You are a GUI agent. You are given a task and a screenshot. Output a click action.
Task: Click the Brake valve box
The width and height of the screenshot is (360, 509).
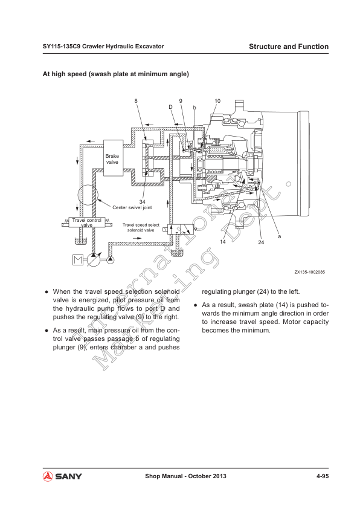(113, 158)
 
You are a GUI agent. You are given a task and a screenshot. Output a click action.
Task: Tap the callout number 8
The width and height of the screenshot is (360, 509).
(137, 101)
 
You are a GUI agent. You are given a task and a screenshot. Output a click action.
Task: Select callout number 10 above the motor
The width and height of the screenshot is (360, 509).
(217, 101)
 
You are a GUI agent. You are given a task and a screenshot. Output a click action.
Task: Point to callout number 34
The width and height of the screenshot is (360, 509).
(142, 202)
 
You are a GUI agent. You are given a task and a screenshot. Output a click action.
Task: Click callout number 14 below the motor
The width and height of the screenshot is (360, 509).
(223, 242)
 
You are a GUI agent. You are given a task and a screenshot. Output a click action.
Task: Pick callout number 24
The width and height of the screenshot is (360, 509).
(261, 242)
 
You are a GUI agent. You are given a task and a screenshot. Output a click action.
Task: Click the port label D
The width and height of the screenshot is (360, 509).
(170, 107)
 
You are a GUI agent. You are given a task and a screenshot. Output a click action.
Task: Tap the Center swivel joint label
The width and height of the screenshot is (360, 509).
(132, 207)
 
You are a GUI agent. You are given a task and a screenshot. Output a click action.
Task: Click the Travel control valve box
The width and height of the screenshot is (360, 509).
(87, 222)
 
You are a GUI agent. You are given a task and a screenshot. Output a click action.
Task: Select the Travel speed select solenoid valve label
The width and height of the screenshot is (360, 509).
(141, 227)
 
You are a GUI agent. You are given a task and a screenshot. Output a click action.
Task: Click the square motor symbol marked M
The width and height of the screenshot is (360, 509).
(78, 260)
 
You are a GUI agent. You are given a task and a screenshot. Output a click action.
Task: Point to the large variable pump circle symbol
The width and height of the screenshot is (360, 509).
(94, 260)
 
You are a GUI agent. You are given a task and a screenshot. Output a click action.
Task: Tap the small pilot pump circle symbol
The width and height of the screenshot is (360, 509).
(111, 260)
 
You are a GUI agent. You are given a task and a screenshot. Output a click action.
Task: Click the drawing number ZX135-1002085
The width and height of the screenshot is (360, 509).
(309, 272)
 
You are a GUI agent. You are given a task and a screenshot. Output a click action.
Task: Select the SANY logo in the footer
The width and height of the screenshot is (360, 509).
(62, 476)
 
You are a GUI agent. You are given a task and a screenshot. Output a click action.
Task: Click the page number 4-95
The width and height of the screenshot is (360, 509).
(323, 476)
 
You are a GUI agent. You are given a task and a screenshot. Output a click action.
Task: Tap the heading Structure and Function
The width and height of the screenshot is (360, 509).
(289, 47)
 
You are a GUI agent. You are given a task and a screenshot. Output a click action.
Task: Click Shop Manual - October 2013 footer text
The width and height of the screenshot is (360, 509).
(185, 476)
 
